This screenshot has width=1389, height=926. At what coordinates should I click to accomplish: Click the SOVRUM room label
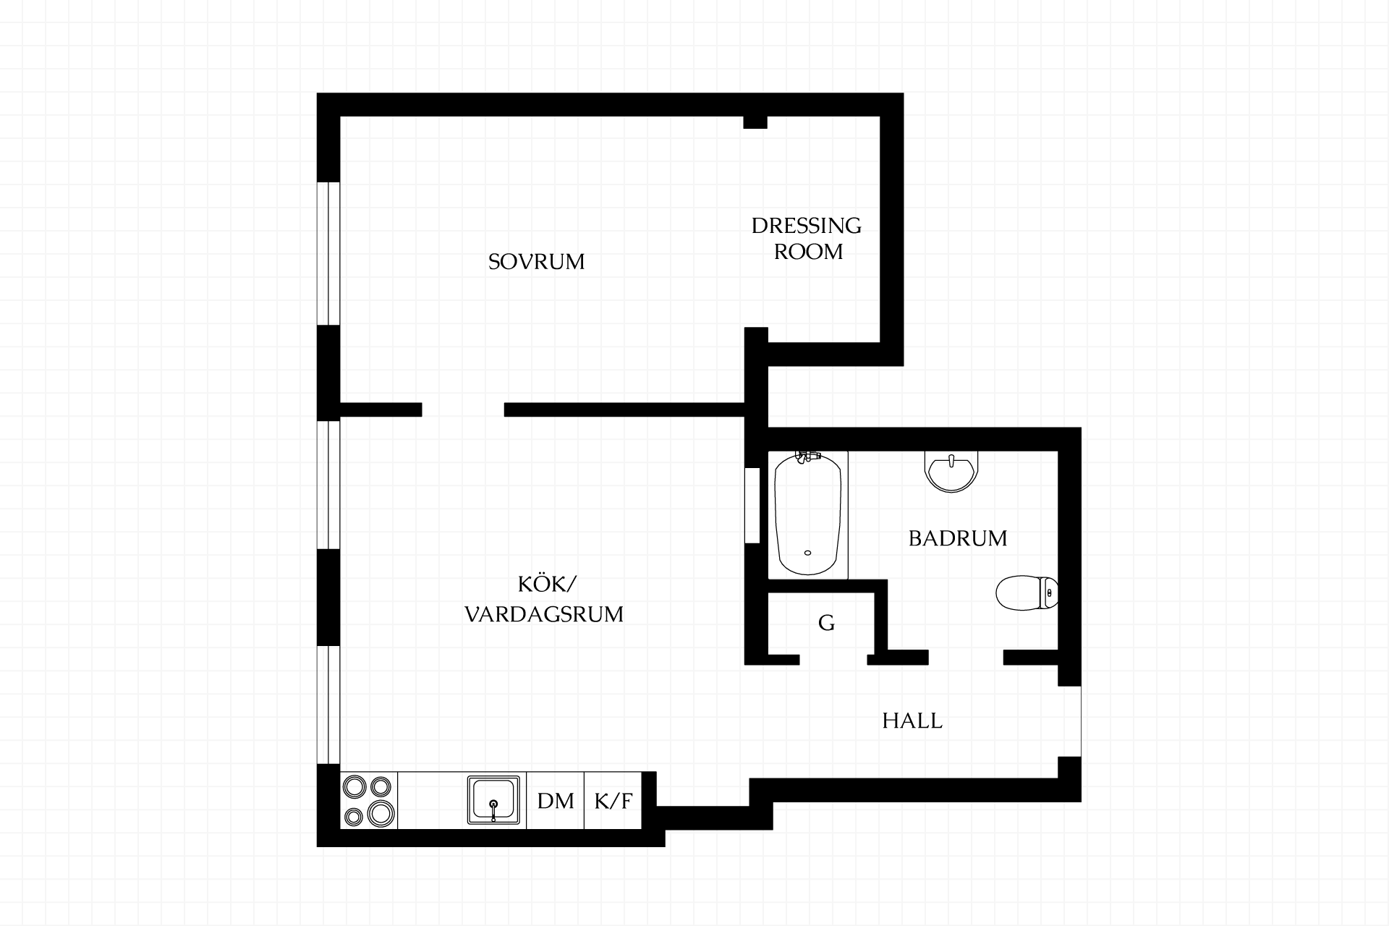tap(536, 261)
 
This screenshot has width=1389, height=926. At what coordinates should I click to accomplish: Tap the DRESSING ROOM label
tap(807, 239)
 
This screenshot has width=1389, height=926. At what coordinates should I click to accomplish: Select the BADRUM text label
tap(958, 538)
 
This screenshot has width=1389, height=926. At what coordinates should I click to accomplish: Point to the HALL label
tap(912, 721)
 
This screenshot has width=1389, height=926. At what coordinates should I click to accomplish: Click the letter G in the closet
tap(826, 622)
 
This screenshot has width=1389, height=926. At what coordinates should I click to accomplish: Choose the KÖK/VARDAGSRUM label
tap(544, 600)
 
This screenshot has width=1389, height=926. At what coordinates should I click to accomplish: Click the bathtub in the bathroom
tap(807, 514)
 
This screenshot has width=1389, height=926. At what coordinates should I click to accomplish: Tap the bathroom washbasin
tap(952, 471)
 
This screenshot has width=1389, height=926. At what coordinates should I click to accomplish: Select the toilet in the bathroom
tap(1027, 593)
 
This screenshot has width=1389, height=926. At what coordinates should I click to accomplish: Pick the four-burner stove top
tap(369, 801)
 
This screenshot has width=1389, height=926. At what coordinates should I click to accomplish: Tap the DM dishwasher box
tap(556, 801)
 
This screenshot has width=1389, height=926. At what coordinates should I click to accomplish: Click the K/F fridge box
tap(613, 801)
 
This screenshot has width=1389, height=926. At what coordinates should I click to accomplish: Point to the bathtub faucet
tap(807, 456)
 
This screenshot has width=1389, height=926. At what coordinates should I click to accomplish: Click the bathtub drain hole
tap(807, 553)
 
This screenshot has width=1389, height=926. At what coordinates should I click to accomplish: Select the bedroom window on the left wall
tap(329, 253)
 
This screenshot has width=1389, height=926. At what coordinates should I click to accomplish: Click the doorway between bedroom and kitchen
tap(463, 409)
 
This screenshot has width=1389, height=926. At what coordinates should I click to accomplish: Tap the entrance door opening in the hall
tap(1070, 721)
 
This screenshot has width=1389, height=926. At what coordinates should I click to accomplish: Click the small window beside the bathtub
tap(752, 505)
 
